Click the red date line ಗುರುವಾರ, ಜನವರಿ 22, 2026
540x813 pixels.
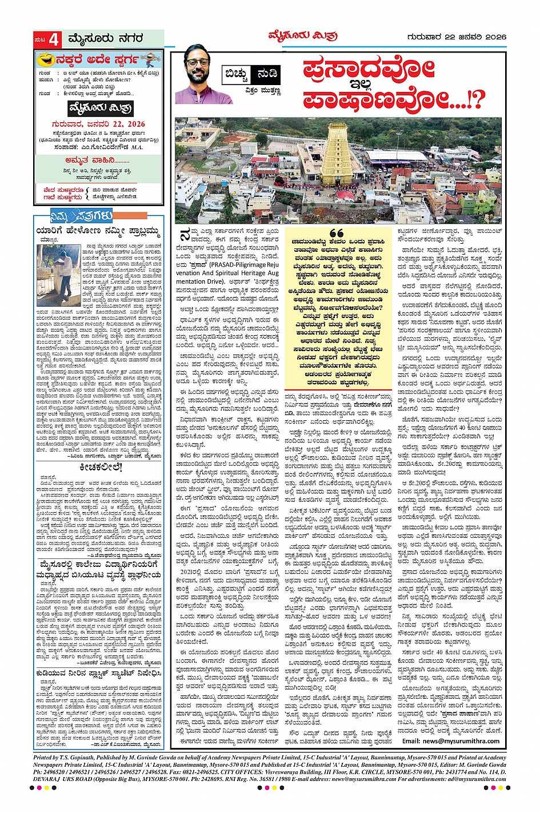(x=99, y=124)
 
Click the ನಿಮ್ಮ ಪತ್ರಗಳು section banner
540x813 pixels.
(x=74, y=216)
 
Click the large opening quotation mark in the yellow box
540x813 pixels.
(x=336, y=234)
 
